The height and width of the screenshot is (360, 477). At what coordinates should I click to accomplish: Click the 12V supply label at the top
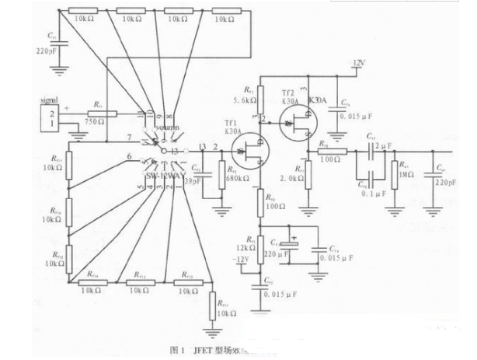(x=358, y=61)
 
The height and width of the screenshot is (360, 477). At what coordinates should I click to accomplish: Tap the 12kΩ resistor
(x=261, y=243)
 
